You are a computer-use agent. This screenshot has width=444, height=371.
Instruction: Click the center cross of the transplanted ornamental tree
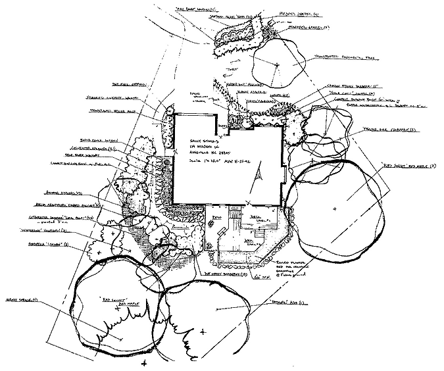277,64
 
